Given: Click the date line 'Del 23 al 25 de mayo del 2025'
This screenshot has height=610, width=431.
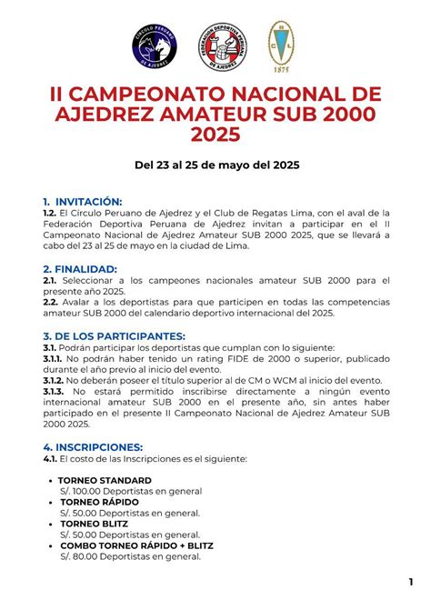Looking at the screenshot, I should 215,165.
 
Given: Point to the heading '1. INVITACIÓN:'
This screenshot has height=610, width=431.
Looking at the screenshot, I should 82,201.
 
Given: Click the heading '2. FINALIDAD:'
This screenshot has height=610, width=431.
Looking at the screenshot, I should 80,269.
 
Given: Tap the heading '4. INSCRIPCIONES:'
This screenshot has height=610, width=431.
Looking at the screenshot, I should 93,447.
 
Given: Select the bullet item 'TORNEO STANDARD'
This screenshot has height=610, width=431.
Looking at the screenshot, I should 105,480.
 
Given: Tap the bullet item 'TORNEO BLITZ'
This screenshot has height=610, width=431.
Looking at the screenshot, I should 94,524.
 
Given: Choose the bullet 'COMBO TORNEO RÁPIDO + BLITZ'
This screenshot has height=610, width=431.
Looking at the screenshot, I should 137,545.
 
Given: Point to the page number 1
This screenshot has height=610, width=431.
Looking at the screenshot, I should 412,582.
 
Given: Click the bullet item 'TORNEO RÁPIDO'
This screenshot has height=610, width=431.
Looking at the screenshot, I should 98,502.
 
